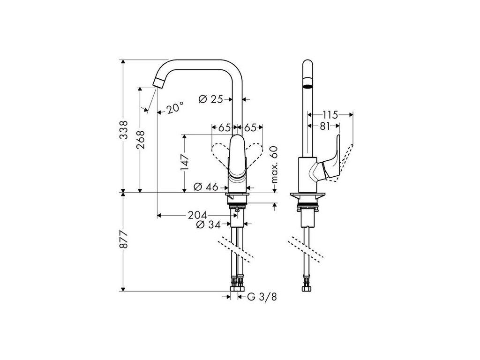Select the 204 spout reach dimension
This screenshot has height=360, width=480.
coord(197,215)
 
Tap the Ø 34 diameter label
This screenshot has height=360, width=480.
coord(209,225)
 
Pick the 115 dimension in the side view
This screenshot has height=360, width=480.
coord(330,114)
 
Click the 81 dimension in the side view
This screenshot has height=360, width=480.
coord(323,125)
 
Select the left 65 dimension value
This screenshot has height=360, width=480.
coord(225,127)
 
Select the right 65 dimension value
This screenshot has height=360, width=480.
coord(250,127)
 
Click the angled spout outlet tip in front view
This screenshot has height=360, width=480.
coord(158,83)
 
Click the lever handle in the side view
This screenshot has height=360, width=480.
coord(332,161)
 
